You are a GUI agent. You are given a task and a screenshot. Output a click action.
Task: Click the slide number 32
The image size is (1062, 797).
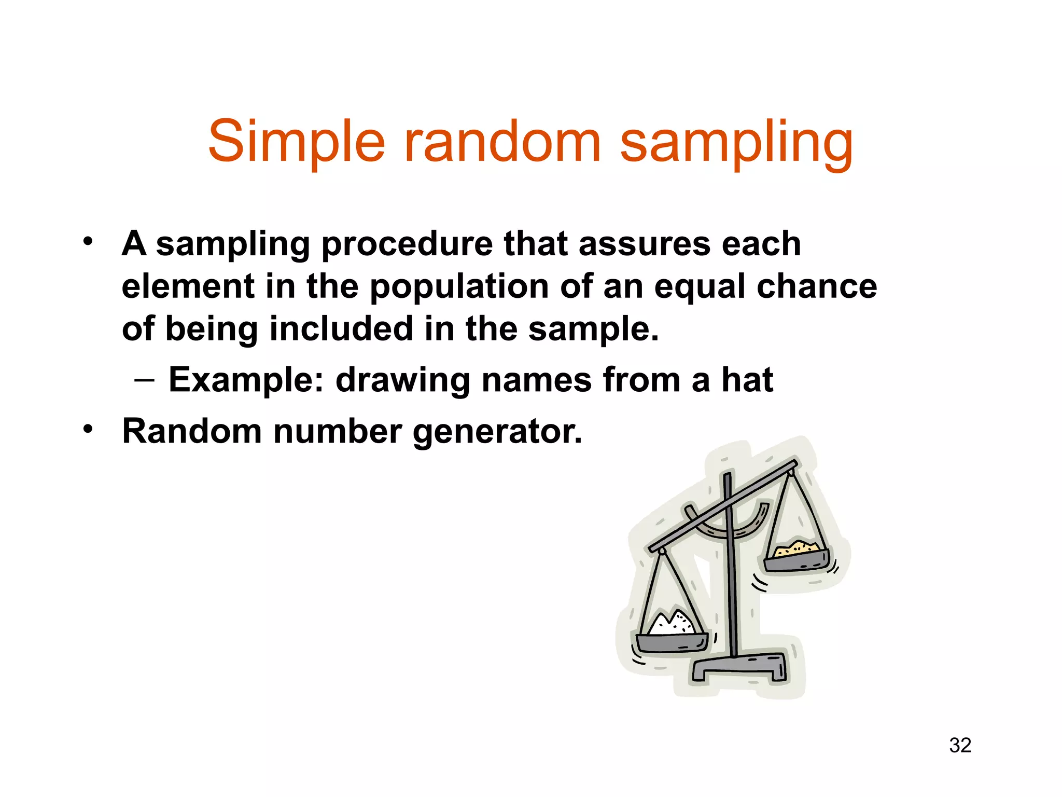pos(960,745)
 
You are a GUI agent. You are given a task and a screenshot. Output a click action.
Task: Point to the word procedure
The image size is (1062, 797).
pos(407,244)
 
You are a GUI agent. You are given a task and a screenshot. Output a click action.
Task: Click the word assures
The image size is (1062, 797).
pos(644,244)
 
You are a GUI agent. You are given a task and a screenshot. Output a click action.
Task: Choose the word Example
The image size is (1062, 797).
pos(246,380)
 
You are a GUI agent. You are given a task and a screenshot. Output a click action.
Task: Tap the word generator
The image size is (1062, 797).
pos(498,432)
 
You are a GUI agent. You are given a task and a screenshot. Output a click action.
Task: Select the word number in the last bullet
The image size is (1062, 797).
pos(338,432)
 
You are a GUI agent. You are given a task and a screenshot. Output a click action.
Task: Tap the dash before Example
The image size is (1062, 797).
pos(144,380)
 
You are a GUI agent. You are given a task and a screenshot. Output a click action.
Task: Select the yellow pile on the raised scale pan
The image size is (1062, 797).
pos(796,547)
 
